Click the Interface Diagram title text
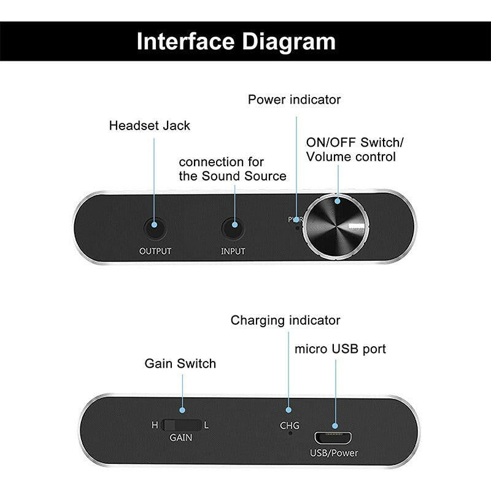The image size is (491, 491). coord(236,42)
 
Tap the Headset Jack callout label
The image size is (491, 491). coord(150,126)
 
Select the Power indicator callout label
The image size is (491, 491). coord(294,99)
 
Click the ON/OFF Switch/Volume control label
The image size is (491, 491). coord(354,149)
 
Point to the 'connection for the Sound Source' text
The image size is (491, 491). coord(232,169)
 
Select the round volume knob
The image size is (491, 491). coord(338,227)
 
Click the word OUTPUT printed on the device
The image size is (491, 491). coord(155,251)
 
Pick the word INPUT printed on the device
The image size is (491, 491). coord(233,251)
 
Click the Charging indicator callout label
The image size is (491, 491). coord(285,320)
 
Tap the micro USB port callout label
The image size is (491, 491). coord(340,349)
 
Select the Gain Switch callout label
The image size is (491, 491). coord(180,363)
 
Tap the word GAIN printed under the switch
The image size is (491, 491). coord(181,438)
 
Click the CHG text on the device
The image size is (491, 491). coord(290,425)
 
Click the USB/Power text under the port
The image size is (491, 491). coord(334,453)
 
